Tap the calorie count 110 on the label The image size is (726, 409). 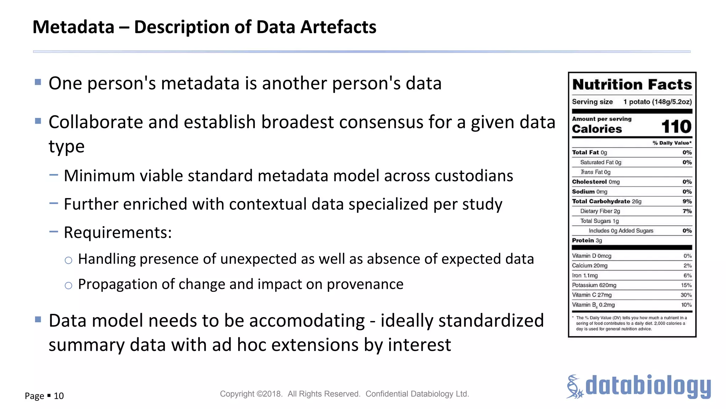click(x=676, y=127)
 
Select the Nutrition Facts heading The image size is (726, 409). click(x=632, y=85)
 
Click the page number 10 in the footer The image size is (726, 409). click(x=59, y=396)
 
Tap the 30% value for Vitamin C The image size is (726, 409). click(x=686, y=295)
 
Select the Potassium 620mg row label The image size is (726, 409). click(x=594, y=285)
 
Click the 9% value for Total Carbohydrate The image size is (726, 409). click(x=687, y=201)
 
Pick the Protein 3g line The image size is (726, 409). click(x=587, y=240)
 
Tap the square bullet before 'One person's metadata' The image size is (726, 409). click(x=38, y=82)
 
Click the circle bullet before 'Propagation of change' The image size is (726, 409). click(x=68, y=285)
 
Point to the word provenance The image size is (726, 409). click(x=365, y=284)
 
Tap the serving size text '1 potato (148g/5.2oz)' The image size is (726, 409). click(x=658, y=102)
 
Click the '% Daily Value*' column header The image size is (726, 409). click(x=672, y=143)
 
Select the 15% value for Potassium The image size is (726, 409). click(x=686, y=285)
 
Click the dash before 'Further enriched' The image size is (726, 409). click(x=54, y=203)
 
